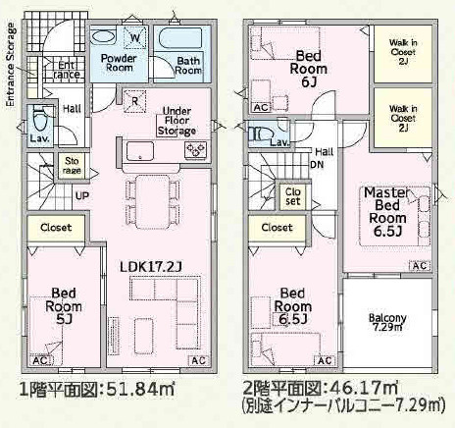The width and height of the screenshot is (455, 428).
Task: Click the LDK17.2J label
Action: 151,267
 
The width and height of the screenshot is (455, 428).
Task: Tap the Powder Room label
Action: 119,63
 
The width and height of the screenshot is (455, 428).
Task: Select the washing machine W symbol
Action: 135,37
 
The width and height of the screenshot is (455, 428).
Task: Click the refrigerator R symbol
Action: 134,101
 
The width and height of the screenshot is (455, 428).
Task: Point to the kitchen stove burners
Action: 196,150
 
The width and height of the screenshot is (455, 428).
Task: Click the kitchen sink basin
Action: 140,151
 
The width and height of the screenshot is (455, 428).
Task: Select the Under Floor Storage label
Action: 177,121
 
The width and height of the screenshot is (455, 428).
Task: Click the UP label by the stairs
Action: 82,196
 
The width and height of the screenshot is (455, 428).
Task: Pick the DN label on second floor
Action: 317,164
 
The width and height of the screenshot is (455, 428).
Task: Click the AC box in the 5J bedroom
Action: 40,361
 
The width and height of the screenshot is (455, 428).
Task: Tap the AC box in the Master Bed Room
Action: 421,266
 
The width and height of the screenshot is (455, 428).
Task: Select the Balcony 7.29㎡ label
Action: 387,322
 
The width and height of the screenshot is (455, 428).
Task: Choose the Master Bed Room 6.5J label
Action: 387,212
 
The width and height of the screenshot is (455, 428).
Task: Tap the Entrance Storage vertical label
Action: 11,65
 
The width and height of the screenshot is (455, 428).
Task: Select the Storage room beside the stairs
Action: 72,166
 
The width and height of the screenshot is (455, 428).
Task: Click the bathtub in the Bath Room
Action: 180,38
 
